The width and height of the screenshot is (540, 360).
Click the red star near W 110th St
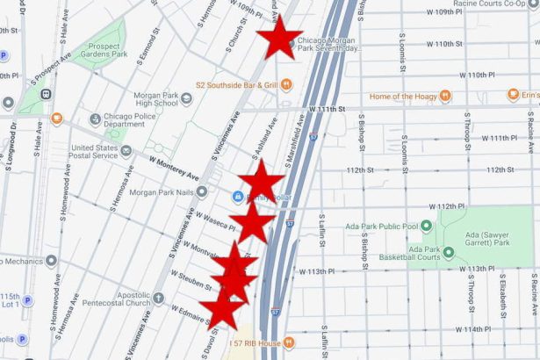pos(279,38)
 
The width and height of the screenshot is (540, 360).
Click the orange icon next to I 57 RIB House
pos(291,342)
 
